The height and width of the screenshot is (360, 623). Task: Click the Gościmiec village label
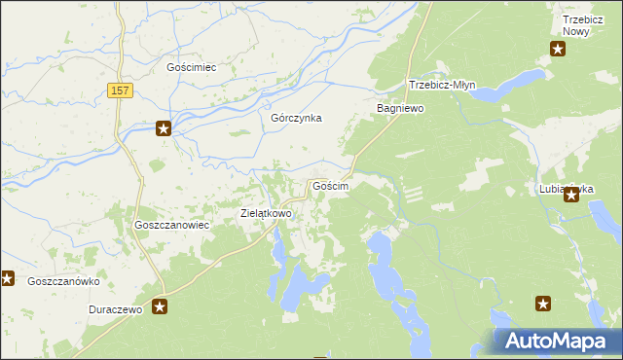pos(191,68)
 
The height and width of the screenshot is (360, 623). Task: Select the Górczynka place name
pos(296,118)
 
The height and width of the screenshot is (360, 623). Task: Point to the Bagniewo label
pos(401,109)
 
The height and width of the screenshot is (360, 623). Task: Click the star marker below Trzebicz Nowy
pos(559,49)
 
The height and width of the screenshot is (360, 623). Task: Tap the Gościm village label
pos(330,185)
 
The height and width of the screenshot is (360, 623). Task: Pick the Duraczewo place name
pos(115,308)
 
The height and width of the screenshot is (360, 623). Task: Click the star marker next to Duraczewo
pos(161,307)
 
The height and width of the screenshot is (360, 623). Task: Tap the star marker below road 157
pos(165,128)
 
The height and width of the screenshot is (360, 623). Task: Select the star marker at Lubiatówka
pos(571,196)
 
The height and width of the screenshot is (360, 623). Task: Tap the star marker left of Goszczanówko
pos(8,279)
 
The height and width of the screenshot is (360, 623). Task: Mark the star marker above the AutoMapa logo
pos(544,305)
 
